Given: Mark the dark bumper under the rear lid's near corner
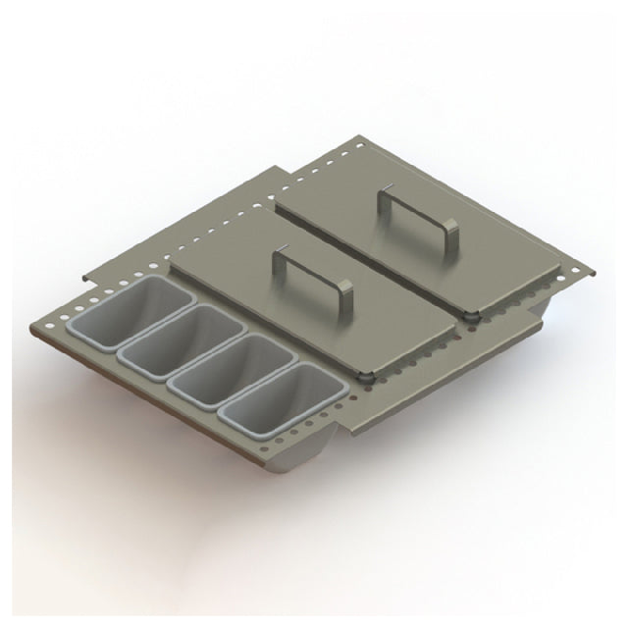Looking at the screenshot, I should click(471, 316).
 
